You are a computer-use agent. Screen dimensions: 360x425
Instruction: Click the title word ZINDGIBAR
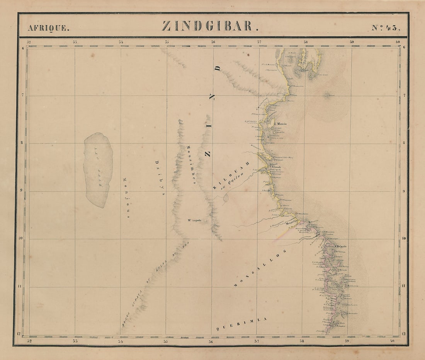point(207,26)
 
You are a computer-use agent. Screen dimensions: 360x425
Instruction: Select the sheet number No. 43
point(386,27)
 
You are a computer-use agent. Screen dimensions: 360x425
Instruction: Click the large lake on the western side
point(99,170)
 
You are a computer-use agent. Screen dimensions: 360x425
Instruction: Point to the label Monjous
point(126,198)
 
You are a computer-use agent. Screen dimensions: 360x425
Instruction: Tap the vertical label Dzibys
point(160,177)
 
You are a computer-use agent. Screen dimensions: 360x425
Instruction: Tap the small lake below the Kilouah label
point(226,198)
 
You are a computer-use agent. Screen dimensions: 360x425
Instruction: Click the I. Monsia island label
point(280,124)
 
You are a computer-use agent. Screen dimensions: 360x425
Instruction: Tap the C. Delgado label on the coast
point(340,246)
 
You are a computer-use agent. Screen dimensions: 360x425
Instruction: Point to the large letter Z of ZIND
point(207,154)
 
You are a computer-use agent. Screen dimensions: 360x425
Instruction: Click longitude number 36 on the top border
point(213,42)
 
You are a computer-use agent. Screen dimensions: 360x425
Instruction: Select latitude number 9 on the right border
point(404,191)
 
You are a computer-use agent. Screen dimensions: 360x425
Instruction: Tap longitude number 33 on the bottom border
point(75,341)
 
